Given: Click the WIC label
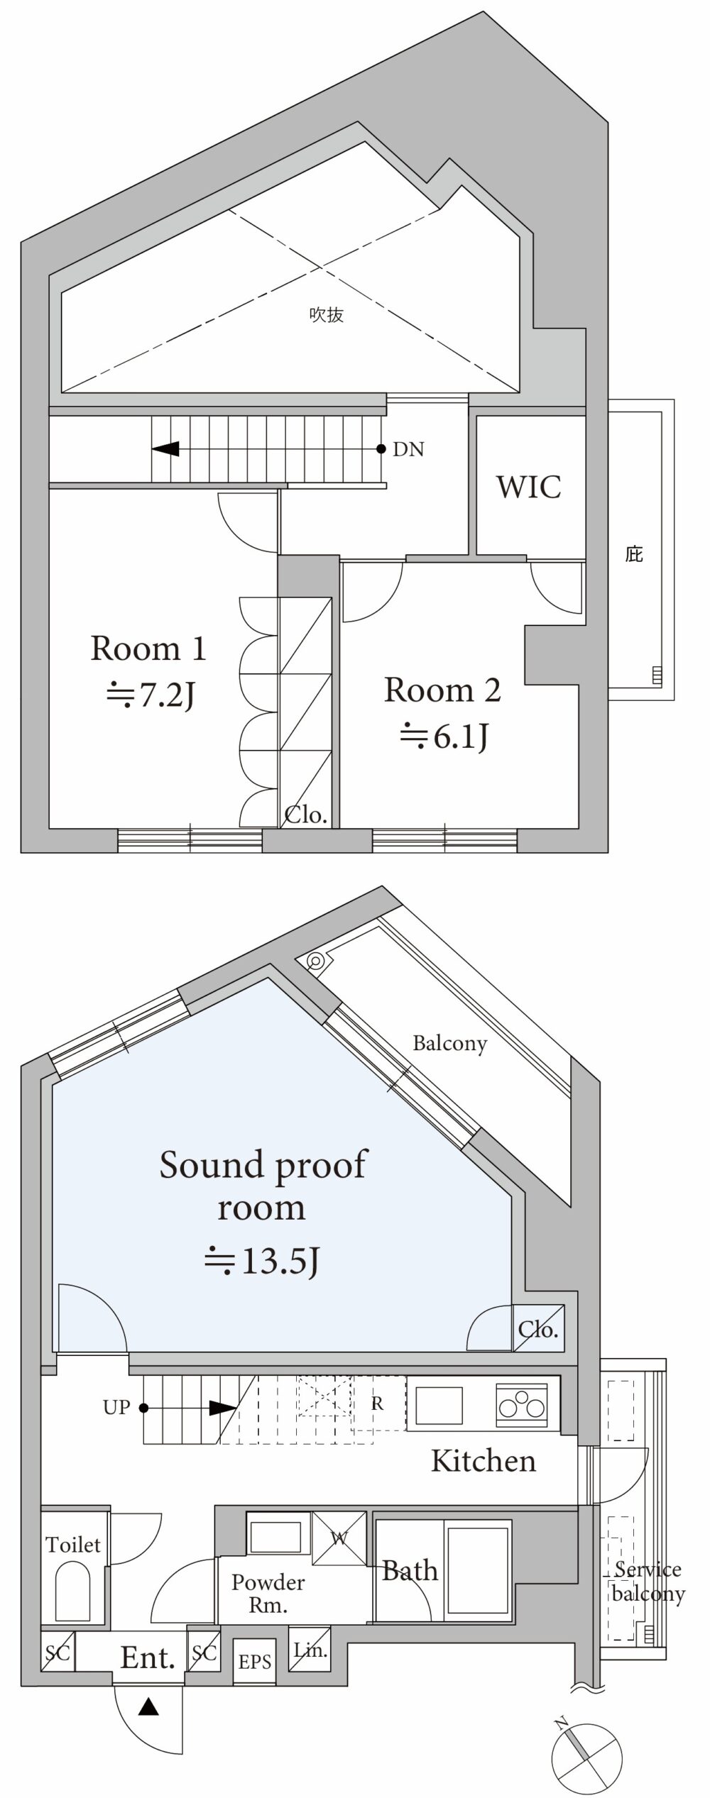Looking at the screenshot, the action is [x=529, y=487].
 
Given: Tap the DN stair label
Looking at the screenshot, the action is [x=408, y=449].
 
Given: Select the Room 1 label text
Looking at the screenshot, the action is [x=148, y=649].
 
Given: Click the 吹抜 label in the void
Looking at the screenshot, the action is [x=327, y=314].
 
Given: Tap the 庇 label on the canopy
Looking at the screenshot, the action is [x=634, y=553].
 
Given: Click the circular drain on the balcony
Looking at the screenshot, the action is [x=315, y=962].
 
